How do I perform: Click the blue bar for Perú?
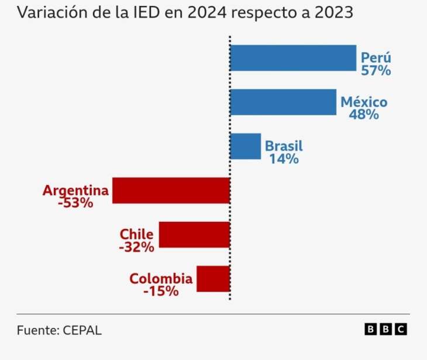coord(292,58)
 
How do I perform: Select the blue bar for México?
coord(283,102)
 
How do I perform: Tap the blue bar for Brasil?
coord(245,146)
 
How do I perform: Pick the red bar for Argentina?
coord(171,190)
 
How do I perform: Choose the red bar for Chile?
coord(194,234)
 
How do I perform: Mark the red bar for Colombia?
coord(213,279)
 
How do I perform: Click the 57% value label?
coord(376,71)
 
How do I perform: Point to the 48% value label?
coord(364,115)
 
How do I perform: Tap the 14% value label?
coord(284,159)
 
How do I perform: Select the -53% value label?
coord(75,203)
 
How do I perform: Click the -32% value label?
coord(136,247)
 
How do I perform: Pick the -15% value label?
coord(161,291)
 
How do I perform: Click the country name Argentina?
coord(75,191)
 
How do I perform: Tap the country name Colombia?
coord(161,279)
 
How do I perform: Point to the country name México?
coord(364,102)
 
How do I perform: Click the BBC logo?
coord(385,330)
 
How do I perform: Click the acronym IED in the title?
coord(151,13)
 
